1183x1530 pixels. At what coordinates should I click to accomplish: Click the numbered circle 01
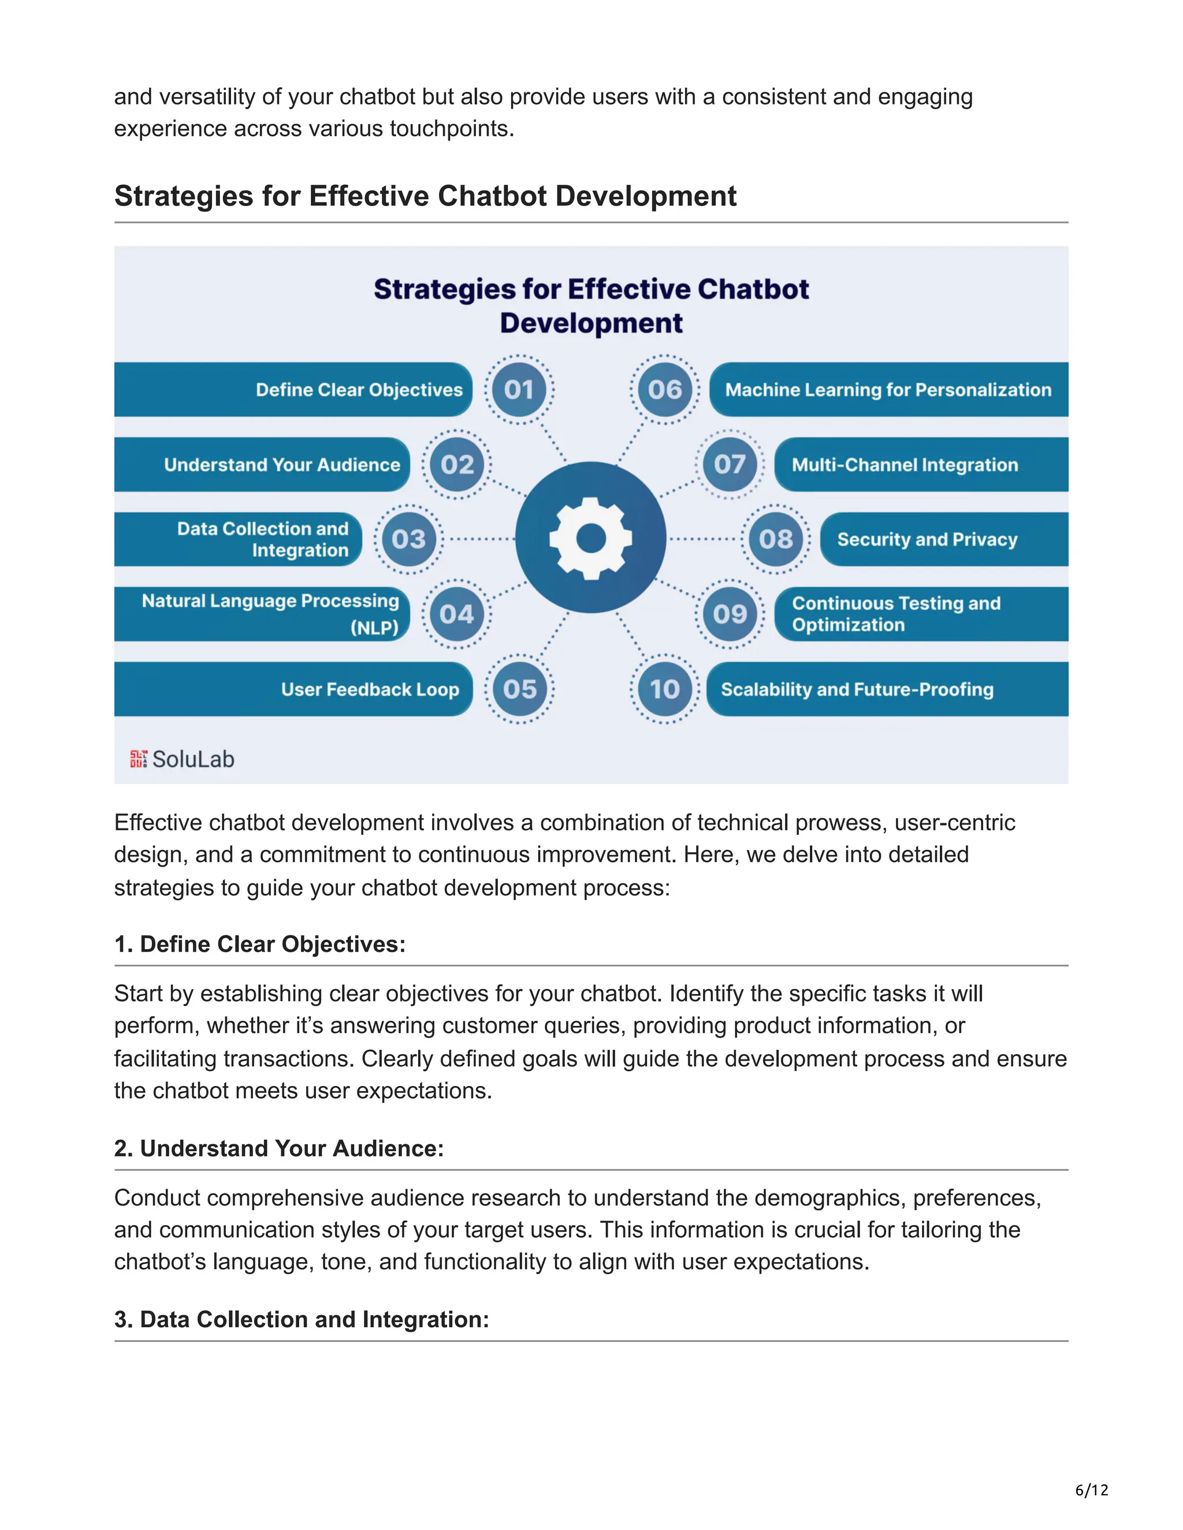tap(519, 390)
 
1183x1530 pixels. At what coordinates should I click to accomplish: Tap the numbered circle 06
tap(664, 390)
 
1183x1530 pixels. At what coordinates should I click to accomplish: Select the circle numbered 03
tap(408, 539)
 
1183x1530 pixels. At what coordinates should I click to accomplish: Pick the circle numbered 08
tap(776, 539)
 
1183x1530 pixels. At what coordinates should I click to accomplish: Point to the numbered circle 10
tap(664, 689)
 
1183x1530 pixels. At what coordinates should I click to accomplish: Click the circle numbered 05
tap(519, 689)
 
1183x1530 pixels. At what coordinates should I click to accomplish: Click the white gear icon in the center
tap(591, 538)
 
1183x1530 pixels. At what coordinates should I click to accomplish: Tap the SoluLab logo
tap(182, 759)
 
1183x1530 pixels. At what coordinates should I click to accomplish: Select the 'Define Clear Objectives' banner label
tap(359, 390)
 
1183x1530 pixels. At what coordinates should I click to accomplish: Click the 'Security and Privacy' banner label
tap(927, 539)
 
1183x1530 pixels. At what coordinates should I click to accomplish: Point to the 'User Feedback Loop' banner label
tap(370, 689)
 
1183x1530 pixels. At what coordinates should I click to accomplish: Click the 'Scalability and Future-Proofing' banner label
tap(857, 689)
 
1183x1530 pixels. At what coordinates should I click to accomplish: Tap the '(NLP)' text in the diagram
tap(374, 627)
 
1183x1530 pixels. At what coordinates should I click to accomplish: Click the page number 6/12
tap(1092, 1490)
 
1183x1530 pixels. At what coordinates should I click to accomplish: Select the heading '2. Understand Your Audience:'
tap(279, 1148)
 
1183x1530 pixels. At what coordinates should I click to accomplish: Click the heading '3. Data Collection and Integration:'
tap(302, 1319)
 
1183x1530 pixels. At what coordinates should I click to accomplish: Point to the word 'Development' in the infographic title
tap(591, 323)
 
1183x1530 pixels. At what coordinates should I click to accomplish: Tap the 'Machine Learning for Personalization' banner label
tap(888, 390)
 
